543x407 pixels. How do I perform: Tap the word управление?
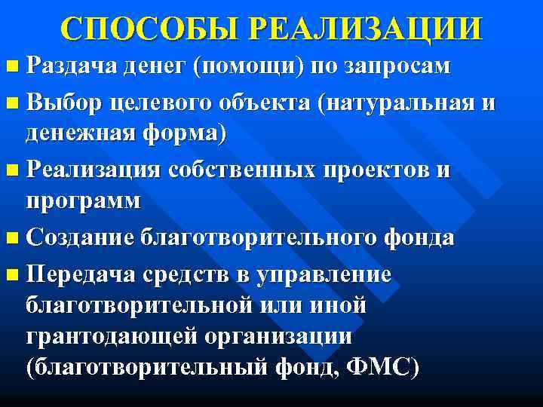(325, 274)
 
